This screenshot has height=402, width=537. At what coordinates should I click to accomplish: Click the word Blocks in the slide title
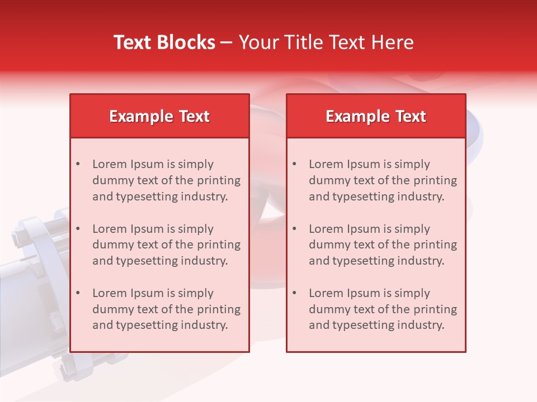pyautogui.click(x=187, y=42)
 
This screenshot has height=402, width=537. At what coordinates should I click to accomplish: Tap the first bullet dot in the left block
pyautogui.click(x=78, y=164)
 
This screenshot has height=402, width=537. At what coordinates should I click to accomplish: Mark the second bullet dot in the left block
pyautogui.click(x=78, y=229)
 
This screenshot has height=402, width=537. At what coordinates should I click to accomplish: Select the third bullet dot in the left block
pyautogui.click(x=78, y=293)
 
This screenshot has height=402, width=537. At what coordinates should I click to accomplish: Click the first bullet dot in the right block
pyautogui.click(x=294, y=164)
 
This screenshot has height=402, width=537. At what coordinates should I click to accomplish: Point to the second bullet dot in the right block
pyautogui.click(x=294, y=229)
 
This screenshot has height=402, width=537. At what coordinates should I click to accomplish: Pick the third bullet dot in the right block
pyautogui.click(x=294, y=293)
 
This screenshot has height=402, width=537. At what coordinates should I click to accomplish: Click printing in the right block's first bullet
pyautogui.click(x=435, y=180)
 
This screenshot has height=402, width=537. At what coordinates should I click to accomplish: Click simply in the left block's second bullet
pyautogui.click(x=196, y=229)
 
